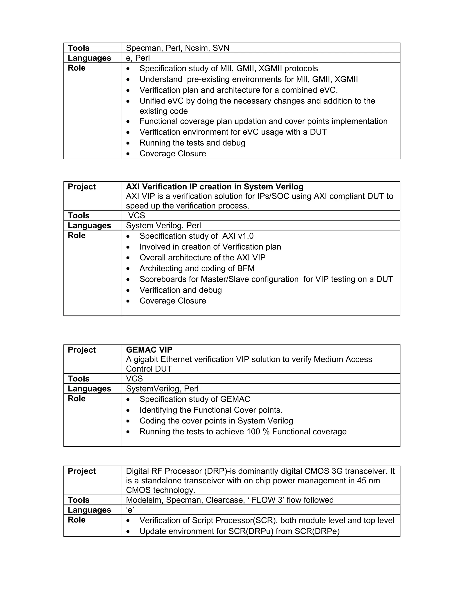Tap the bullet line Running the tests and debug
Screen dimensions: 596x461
click(x=192, y=143)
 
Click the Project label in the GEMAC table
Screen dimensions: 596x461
click(x=82, y=350)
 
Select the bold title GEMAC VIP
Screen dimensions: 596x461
click(x=149, y=350)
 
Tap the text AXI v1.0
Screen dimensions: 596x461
click(x=238, y=236)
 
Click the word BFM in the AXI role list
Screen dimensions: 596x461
click(x=246, y=269)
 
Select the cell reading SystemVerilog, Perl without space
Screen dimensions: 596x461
click(x=162, y=389)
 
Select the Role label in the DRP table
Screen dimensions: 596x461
click(x=77, y=520)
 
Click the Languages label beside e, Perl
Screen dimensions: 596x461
click(x=89, y=58)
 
